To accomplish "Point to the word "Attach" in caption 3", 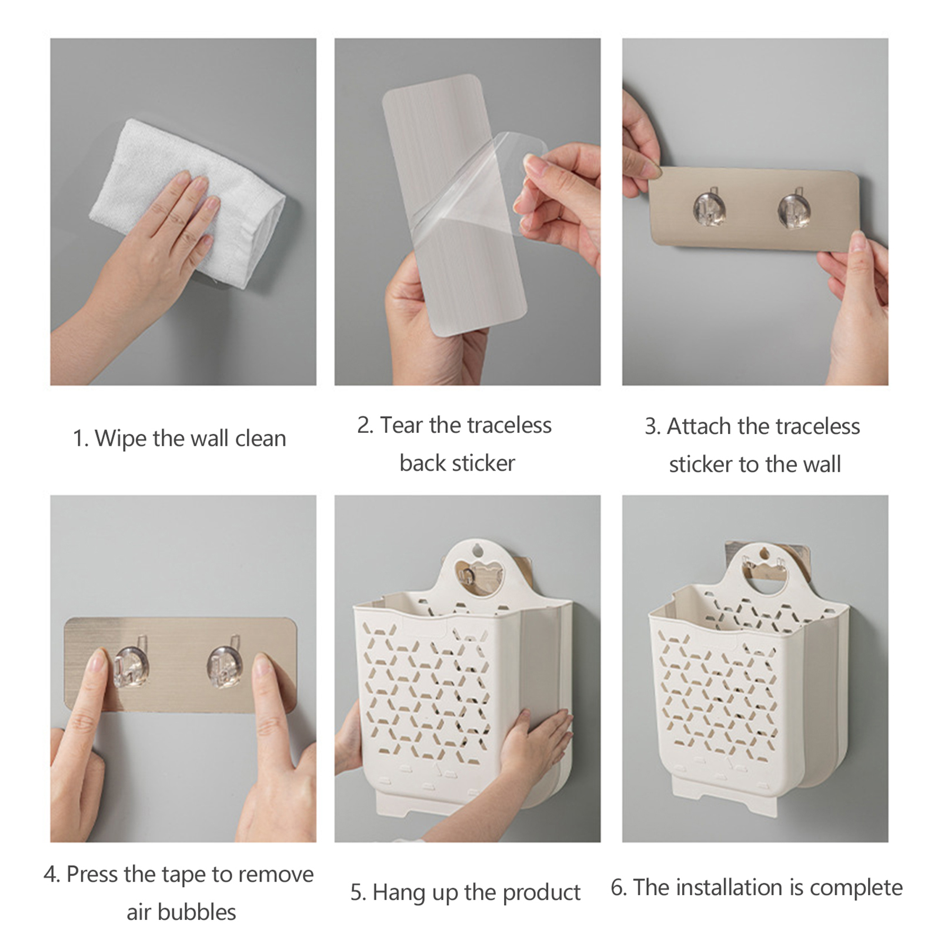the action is [699, 426].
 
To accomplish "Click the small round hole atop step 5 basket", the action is [478, 550].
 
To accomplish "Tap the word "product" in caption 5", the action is [542, 893].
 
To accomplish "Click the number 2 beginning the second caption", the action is [364, 425].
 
